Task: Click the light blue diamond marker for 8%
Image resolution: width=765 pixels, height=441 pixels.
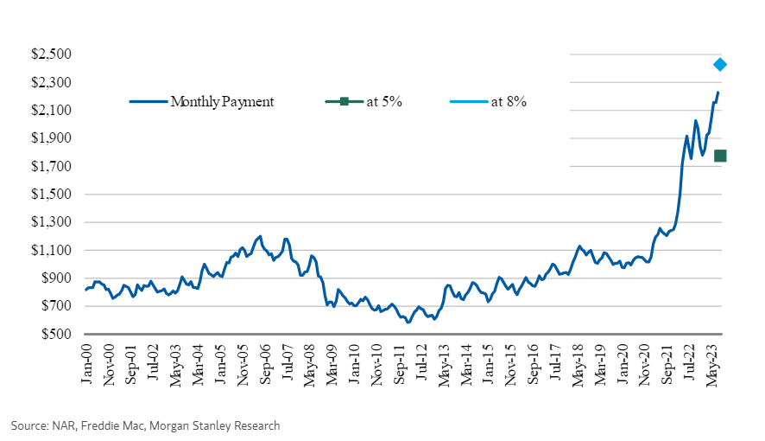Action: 719,64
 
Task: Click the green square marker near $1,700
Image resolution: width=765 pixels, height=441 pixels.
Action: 720,156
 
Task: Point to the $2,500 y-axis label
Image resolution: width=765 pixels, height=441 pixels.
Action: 50,54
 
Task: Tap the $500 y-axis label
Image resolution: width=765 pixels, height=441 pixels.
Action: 54,334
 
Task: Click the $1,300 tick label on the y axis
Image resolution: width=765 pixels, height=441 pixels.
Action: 50,222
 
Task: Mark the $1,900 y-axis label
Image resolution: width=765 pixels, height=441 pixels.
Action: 50,138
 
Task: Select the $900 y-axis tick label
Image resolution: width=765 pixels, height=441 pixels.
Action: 54,278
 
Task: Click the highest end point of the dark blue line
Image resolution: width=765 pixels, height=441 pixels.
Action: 718,93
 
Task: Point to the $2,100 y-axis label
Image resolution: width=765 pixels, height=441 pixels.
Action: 50,111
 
